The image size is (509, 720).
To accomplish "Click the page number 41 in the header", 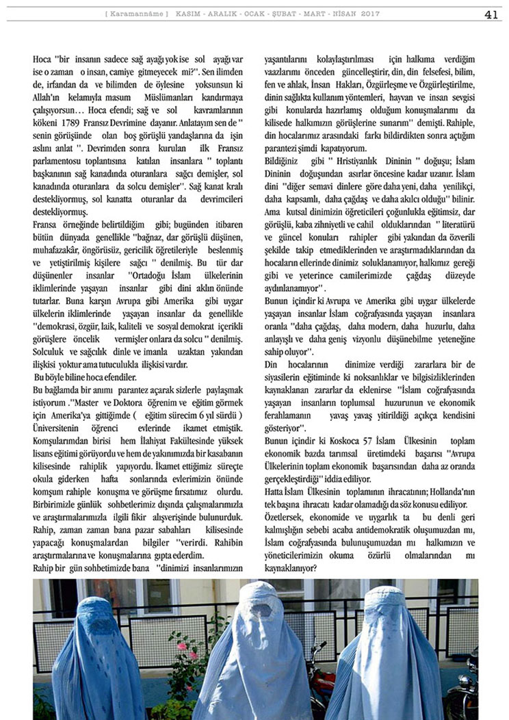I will (491, 14).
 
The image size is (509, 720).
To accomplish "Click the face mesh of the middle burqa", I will (262, 609).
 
